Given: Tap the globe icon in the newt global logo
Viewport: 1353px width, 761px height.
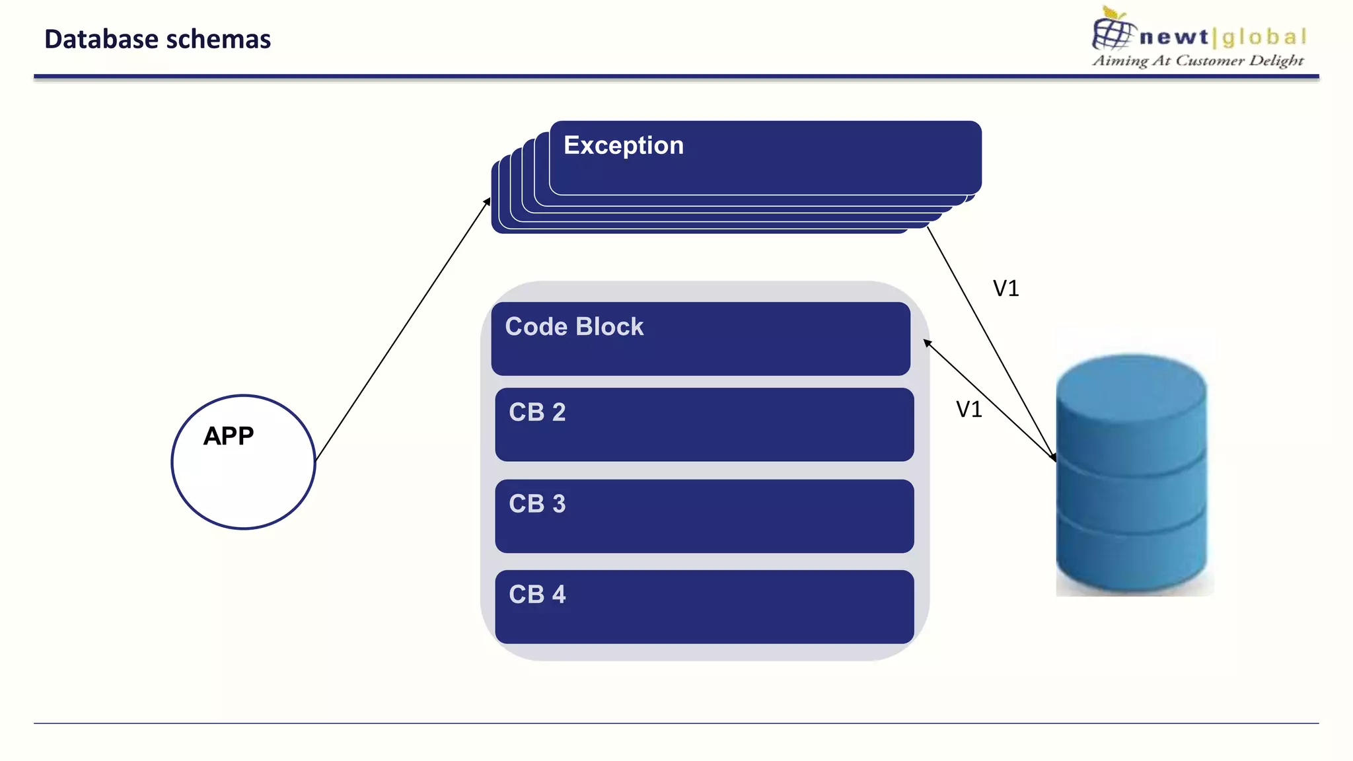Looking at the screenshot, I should [1113, 32].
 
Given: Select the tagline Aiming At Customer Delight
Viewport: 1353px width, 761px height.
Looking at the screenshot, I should [1197, 61].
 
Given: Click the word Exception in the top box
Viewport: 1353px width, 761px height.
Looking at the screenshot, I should [623, 145].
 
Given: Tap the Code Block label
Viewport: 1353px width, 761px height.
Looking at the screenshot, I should [573, 327].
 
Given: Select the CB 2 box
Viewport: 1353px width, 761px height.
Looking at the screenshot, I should [704, 425].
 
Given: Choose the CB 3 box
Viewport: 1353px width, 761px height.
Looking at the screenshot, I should [704, 516].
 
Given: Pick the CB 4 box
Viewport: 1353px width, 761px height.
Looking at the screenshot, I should [704, 606].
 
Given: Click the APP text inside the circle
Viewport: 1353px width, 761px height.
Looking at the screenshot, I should [228, 436].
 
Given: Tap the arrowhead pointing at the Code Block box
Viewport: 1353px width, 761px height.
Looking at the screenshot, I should [927, 342].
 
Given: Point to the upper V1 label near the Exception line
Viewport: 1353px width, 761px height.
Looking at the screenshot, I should [1006, 289].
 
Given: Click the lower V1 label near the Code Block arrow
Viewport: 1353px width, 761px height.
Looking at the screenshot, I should [969, 410].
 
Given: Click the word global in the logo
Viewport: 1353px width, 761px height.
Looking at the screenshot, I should [1264, 37].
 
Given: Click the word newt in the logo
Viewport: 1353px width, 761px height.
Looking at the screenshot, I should [1173, 37].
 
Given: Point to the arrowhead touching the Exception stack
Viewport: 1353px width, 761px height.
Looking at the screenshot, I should [488, 201].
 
